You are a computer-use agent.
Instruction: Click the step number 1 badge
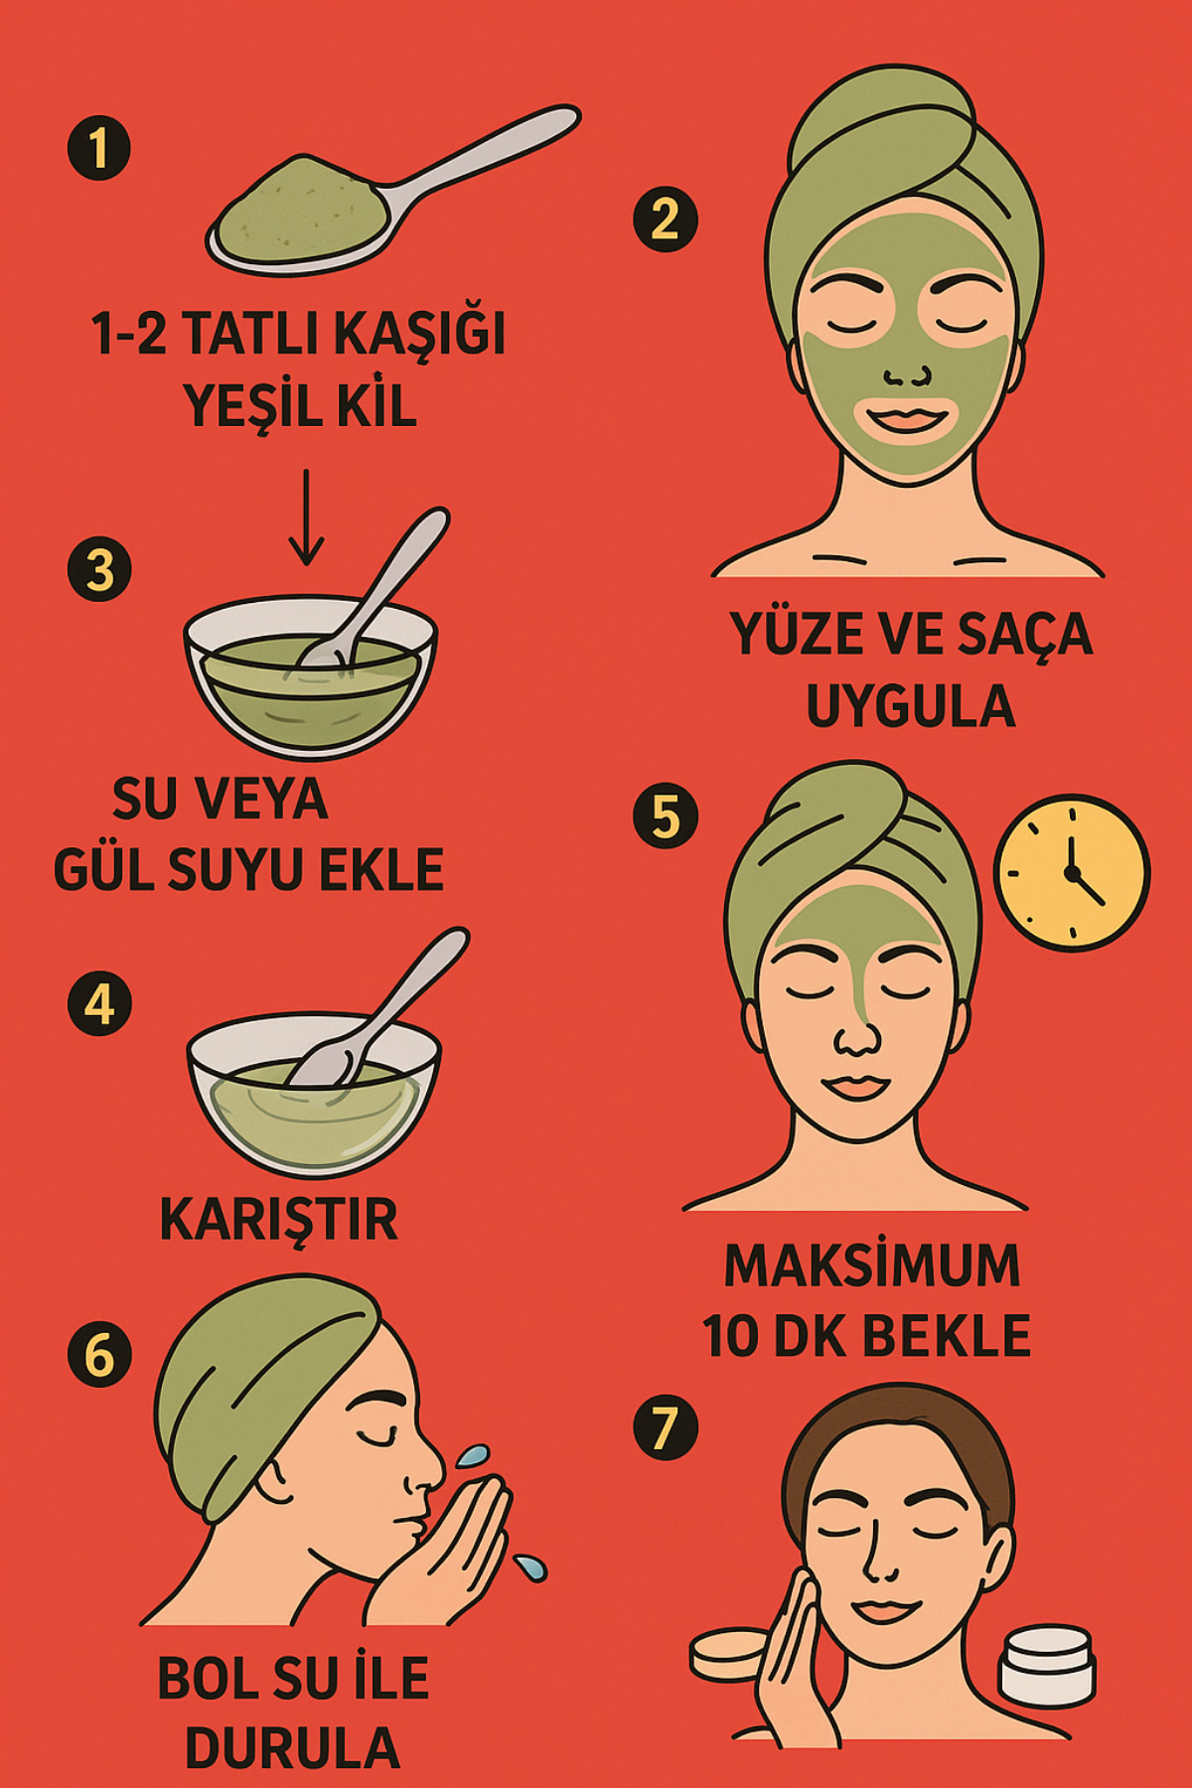(x=98, y=149)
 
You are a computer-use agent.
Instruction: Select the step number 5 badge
(x=666, y=817)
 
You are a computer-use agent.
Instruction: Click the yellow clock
(x=1072, y=872)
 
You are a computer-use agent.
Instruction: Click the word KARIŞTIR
(x=279, y=1220)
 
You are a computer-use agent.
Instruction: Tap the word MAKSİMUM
(x=872, y=1266)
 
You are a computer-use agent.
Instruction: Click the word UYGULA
(x=910, y=706)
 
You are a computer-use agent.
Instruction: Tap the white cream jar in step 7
(x=1046, y=1666)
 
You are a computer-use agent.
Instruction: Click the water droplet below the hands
(x=530, y=1566)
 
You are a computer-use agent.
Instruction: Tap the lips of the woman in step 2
(x=909, y=417)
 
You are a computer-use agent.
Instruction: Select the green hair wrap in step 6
(x=248, y=1371)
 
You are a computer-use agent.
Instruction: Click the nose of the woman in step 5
(x=856, y=1038)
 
